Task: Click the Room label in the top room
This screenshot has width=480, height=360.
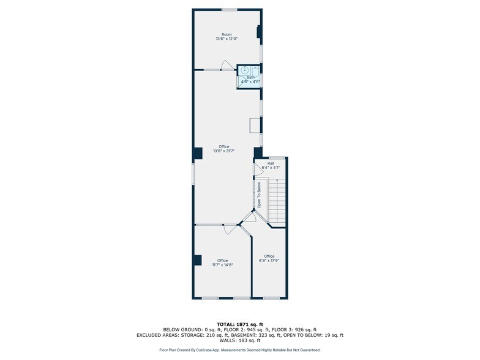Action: tap(226, 34)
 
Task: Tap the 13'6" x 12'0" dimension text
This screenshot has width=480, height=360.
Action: tap(226, 39)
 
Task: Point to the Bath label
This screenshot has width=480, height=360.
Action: tap(250, 77)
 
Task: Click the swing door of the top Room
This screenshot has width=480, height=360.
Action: tap(227, 66)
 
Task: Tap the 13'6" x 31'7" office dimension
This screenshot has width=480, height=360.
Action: tap(224, 151)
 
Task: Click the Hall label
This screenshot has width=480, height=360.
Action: tap(270, 163)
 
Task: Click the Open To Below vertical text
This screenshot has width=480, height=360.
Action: tap(259, 195)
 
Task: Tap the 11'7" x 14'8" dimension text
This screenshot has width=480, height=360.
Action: tap(223, 265)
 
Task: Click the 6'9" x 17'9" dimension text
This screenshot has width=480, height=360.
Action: tap(269, 260)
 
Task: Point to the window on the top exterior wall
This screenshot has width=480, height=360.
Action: tap(230, 9)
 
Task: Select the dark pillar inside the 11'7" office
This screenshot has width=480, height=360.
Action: tap(197, 260)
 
